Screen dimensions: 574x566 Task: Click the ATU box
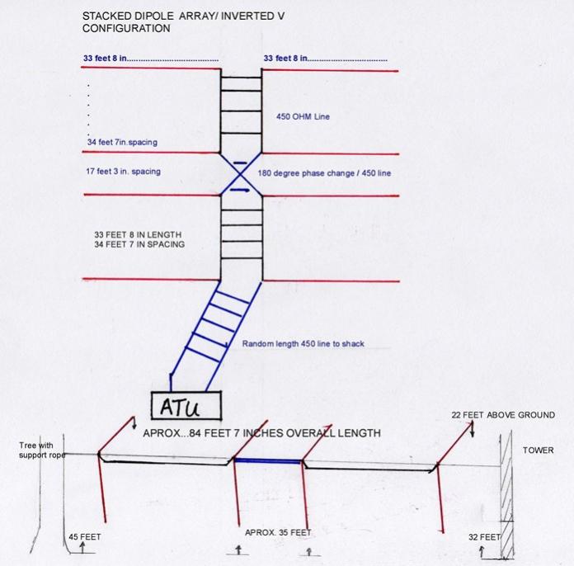(x=186, y=405)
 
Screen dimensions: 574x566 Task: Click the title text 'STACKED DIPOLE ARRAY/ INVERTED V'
(x=183, y=17)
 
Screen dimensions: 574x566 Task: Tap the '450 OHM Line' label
(x=303, y=116)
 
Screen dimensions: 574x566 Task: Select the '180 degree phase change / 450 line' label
(x=324, y=173)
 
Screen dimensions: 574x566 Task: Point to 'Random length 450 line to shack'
(x=303, y=343)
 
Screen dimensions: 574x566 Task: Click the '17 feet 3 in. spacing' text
(x=124, y=171)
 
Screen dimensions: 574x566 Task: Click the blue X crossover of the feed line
(x=241, y=174)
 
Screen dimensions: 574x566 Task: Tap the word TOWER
(x=538, y=450)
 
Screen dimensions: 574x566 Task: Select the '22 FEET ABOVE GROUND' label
(x=503, y=415)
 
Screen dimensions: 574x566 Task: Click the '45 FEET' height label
(x=85, y=536)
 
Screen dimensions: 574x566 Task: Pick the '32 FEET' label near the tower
(x=484, y=537)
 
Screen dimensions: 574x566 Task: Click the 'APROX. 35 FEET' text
(x=278, y=532)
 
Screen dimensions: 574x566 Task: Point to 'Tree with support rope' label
(x=42, y=450)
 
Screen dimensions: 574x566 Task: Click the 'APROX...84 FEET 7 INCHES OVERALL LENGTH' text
(x=261, y=433)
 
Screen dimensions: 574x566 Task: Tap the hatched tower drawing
(x=506, y=494)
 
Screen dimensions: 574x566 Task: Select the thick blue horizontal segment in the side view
(x=268, y=461)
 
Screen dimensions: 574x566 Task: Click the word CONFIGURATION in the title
(x=126, y=28)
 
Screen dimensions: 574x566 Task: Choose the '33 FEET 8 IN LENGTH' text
(x=138, y=234)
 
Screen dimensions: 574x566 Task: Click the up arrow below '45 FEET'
(x=82, y=547)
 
